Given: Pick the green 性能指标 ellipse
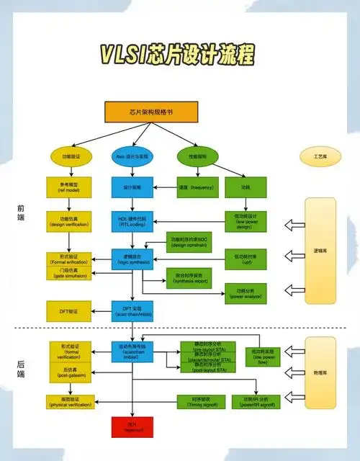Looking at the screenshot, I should click(x=197, y=156).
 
